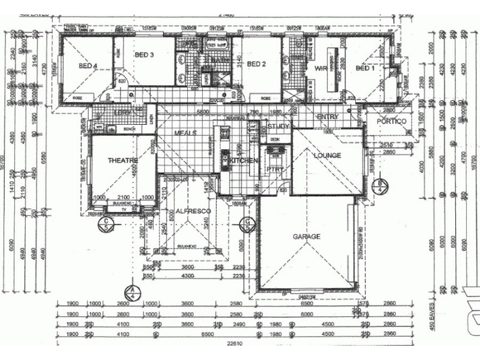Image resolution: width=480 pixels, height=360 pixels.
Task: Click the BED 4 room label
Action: [x=88, y=67]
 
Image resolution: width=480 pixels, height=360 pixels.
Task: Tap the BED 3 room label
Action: [x=145, y=55]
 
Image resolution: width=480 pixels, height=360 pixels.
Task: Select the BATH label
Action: [x=220, y=61]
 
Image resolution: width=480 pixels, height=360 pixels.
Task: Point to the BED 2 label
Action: [x=256, y=64]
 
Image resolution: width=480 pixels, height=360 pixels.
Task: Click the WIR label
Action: [x=320, y=69]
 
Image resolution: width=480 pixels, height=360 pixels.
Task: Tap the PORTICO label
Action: [x=392, y=121]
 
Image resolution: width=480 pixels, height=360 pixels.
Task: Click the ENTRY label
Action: [x=328, y=116]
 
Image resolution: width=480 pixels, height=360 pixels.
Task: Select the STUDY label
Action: [x=278, y=127]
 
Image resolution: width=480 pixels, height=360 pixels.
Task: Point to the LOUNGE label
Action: [x=327, y=155]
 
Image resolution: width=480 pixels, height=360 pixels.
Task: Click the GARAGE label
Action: [x=306, y=236]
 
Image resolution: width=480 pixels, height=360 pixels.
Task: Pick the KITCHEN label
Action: [x=244, y=161]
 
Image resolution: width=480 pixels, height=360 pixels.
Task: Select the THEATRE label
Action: [x=122, y=160]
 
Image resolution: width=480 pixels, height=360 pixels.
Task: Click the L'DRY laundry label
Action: [x=123, y=112]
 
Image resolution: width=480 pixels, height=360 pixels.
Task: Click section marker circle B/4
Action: [x=380, y=185]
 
